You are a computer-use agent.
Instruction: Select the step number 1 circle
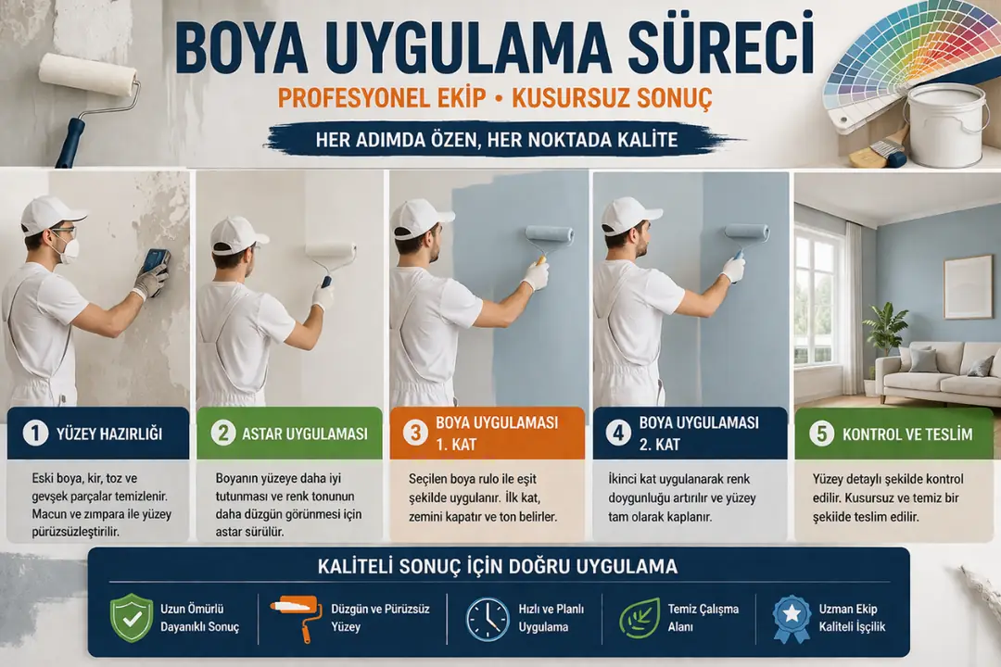click(35, 434)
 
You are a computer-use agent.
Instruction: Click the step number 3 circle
click(414, 433)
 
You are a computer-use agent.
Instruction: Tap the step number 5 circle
click(818, 434)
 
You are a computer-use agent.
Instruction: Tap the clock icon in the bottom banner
click(487, 618)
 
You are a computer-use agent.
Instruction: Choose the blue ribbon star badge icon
click(792, 618)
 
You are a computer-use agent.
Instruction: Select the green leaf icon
click(639, 618)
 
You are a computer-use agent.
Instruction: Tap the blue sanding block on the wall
click(156, 260)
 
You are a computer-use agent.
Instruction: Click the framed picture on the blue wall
click(967, 286)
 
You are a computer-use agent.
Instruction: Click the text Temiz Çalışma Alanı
click(703, 618)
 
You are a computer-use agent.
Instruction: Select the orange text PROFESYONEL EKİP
click(381, 99)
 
